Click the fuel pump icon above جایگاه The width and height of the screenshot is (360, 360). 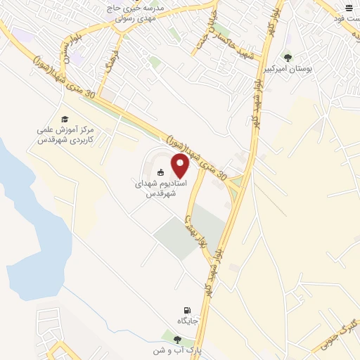pos(186,310)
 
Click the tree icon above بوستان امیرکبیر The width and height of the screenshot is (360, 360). pos(287,58)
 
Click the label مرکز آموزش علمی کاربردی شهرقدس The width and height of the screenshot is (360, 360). pos(64,135)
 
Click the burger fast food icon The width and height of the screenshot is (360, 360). pos(348,7)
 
